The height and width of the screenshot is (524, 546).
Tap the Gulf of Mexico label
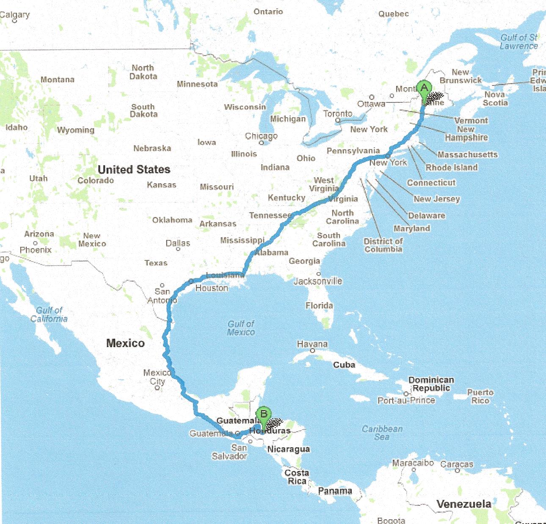point(241,328)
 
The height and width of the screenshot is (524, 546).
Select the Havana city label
point(312,344)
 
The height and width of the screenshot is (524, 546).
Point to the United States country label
point(134,170)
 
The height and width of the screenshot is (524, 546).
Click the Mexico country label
point(125,343)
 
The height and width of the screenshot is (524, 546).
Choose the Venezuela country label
point(464,504)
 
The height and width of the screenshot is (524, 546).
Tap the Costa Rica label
point(297,477)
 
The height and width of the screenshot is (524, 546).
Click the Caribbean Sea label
point(382,433)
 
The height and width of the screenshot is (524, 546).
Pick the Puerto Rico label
point(480,396)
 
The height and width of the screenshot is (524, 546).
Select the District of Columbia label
point(383,245)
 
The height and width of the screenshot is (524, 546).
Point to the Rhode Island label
point(452,168)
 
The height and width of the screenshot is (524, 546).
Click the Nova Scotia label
point(496,99)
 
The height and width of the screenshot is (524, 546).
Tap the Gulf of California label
point(49,314)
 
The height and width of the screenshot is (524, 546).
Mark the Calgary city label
point(15,15)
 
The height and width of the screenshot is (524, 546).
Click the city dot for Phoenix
point(36,243)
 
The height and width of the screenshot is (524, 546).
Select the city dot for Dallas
point(178,249)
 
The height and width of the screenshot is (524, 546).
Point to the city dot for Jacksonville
point(319,274)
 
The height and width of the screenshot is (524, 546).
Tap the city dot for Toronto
point(338,121)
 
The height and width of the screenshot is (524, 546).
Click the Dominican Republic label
point(431,384)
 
